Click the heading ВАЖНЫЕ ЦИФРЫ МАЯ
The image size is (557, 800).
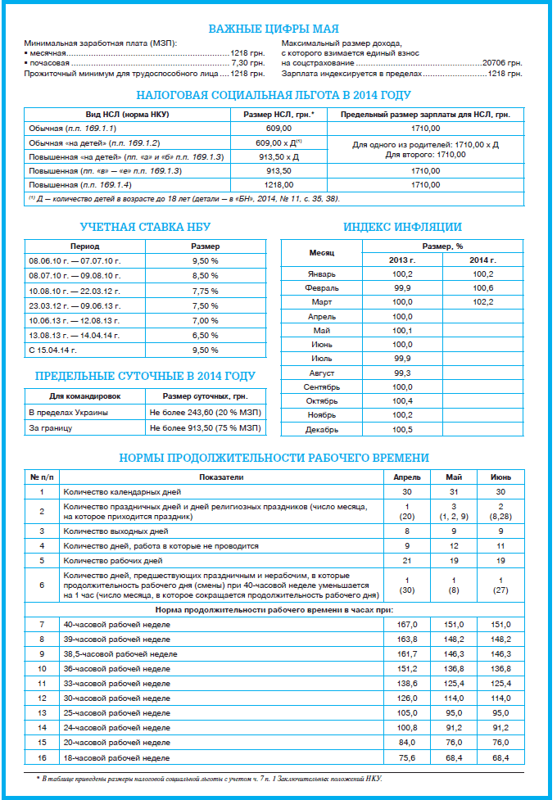[279, 29]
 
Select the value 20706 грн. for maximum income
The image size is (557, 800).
[502, 62]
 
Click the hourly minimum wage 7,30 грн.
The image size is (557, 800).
[248, 62]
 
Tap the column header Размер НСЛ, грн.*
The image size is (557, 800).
[279, 115]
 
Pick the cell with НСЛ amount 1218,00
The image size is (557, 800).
[279, 185]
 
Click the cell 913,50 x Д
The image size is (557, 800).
[279, 156]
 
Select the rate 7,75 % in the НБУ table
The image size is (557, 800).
[205, 291]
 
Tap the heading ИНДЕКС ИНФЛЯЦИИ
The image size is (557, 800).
[402, 226]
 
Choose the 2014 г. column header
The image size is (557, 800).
[483, 260]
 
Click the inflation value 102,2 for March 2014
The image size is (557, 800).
[483, 301]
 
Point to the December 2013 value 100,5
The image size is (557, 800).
[402, 428]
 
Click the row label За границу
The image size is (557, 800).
[51, 427]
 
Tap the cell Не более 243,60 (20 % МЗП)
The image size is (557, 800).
[205, 412]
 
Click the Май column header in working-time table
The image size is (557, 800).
[455, 477]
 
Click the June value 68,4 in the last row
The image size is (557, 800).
[501, 757]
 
